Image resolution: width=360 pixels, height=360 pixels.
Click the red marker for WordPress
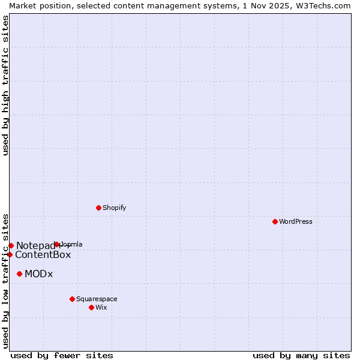[275, 221]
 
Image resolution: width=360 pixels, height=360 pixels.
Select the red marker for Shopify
[98, 208]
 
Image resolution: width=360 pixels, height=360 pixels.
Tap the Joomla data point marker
[57, 244]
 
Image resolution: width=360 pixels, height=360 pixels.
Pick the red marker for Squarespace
[72, 299]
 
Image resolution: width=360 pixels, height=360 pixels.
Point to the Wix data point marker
[91, 307]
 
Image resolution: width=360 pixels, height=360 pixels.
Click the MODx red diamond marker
[19, 274]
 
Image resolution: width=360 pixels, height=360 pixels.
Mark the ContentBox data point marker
[10, 254]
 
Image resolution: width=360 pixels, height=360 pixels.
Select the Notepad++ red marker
[11, 245]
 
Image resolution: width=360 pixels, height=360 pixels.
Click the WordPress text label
[296, 221]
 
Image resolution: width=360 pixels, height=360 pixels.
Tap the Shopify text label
[115, 208]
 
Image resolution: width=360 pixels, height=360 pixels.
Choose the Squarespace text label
[97, 299]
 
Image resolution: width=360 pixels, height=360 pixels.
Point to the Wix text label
[101, 307]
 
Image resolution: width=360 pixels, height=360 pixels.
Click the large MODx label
[39, 274]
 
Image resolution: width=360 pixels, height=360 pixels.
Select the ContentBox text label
[43, 254]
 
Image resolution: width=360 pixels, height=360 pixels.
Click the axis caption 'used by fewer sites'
[62, 355]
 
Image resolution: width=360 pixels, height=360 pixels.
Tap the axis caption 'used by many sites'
[301, 355]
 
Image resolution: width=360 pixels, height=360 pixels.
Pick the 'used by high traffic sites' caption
[5, 85]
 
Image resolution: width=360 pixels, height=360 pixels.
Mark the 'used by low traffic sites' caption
[5, 280]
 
